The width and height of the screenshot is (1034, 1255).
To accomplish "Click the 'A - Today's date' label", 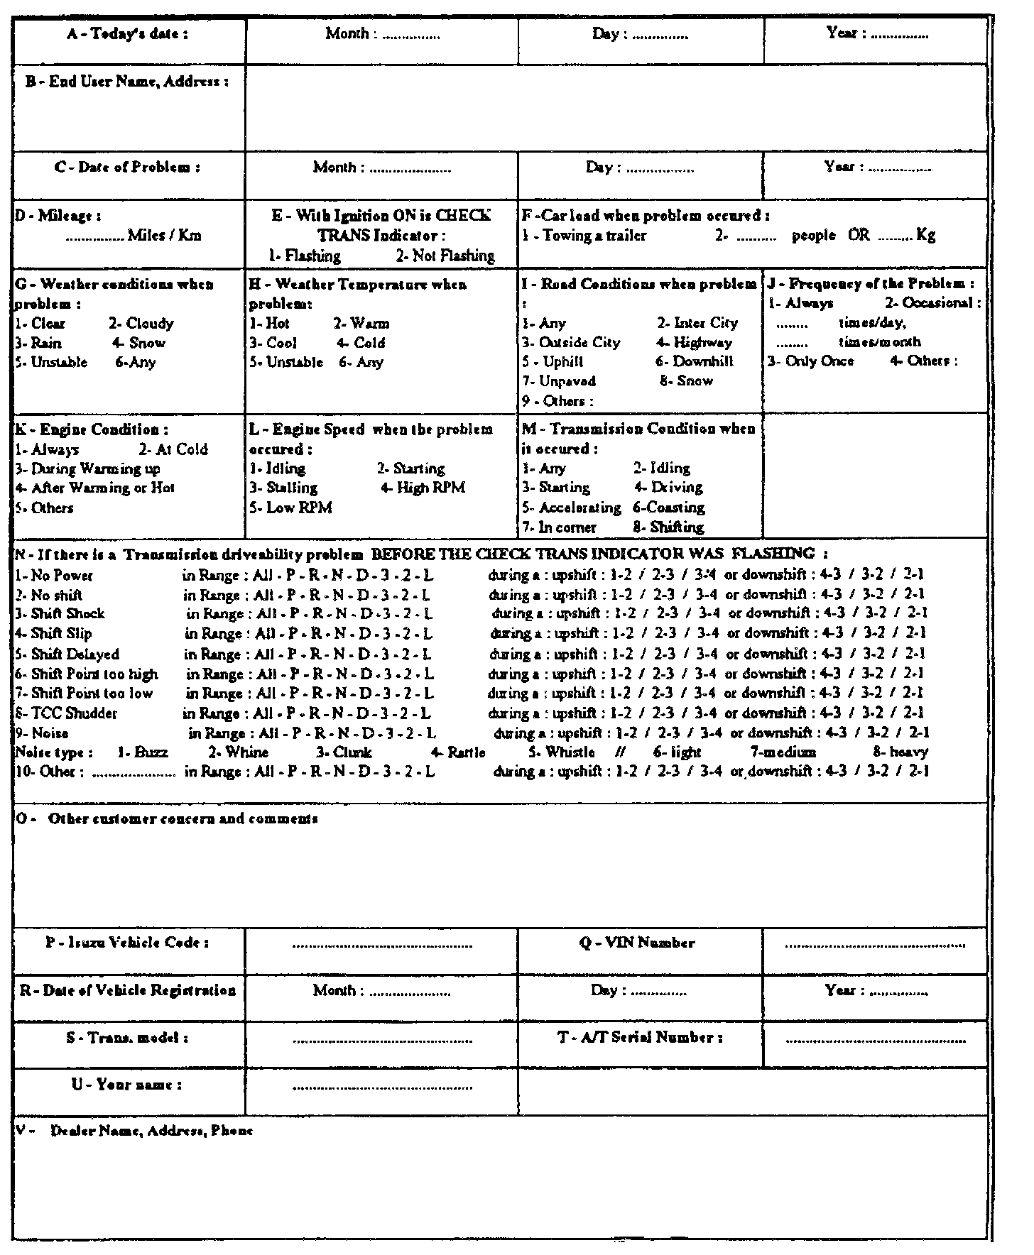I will coord(128,34).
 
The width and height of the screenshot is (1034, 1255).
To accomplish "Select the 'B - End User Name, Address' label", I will coord(127,82).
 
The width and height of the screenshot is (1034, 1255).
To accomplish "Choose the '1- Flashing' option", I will coord(305,256).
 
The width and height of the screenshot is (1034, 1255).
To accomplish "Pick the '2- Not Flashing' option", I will coord(445,256).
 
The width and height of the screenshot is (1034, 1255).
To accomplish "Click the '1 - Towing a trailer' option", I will coord(584,236).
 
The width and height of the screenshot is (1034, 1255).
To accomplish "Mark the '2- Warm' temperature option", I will coord(361,324).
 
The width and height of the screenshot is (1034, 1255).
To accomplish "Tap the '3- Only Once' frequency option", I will coord(810,361).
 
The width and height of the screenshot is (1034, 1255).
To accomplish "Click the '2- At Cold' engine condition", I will coord(173,449).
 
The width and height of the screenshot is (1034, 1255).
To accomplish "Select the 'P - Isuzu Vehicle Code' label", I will coord(128,943).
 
